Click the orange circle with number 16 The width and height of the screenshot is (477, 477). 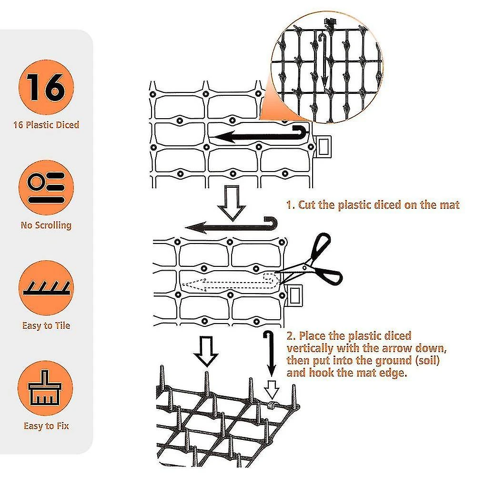pos(46,87)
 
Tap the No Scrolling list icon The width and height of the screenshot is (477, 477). pos(46,187)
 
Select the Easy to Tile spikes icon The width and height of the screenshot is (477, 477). pos(46,288)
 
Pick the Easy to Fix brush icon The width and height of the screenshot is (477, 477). pos(45,388)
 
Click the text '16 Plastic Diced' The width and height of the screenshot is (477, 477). pos(46,125)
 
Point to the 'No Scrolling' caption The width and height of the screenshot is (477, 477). pos(46,225)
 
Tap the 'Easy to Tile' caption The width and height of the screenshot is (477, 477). pos(46,325)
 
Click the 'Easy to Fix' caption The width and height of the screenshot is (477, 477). pos(46,426)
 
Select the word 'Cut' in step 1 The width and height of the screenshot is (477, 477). pos(307,205)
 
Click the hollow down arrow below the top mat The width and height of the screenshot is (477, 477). pos(232,203)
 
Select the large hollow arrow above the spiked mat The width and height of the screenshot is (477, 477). pos(206,351)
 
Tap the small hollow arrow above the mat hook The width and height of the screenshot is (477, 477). pos(271,390)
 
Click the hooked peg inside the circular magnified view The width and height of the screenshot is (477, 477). pos(324,61)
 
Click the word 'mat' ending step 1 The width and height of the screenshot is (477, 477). pos(450,205)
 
